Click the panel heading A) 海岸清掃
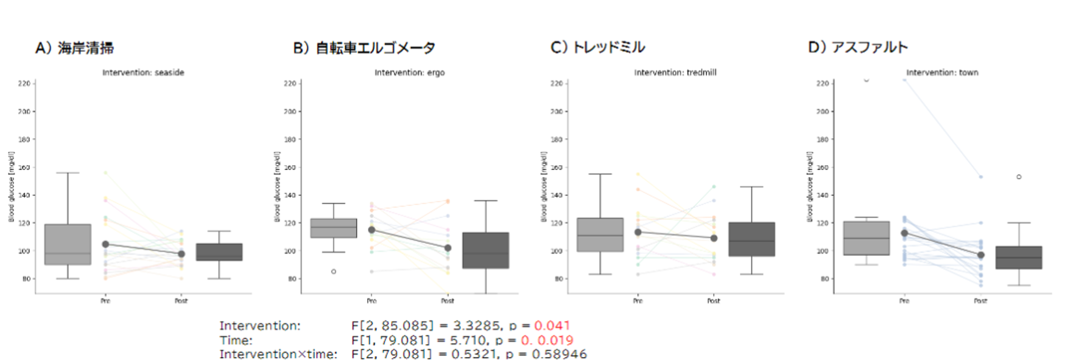click(74, 48)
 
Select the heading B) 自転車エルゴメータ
click(364, 48)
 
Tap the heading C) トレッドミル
click(597, 48)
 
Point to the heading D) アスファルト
click(857, 48)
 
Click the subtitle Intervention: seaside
click(143, 72)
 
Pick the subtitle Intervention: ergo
click(409, 72)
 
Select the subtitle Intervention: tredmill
click(675, 72)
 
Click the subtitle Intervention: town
click(942, 72)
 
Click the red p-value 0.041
click(552, 326)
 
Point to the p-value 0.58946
click(559, 354)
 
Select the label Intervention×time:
click(278, 354)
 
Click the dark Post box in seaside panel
click(219, 252)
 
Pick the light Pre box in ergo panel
click(334, 228)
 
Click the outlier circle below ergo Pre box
click(334, 272)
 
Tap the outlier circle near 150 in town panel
click(1019, 177)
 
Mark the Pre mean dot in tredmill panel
click(638, 232)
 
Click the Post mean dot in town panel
click(980, 255)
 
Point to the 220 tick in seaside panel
click(24, 83)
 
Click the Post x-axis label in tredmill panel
click(713, 301)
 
